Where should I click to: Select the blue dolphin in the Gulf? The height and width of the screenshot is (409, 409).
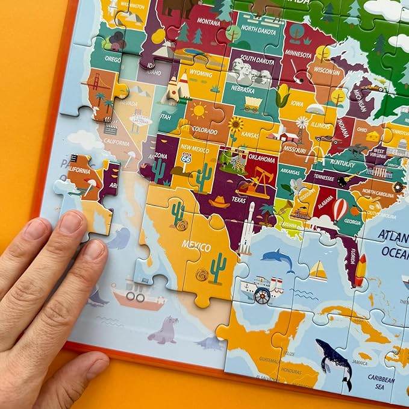[278, 260]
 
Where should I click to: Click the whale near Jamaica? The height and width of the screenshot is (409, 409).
[334, 361]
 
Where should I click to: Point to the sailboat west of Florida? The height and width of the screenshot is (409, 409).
[318, 272]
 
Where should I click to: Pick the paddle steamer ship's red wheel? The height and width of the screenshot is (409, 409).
[262, 295]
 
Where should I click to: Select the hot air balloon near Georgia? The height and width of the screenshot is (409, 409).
[340, 209]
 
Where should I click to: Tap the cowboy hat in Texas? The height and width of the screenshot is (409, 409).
[220, 201]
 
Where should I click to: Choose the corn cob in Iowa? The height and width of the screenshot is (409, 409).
[283, 95]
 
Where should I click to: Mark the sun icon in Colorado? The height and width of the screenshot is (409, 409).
[197, 111]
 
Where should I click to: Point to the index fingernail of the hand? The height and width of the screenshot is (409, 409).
[70, 223]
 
